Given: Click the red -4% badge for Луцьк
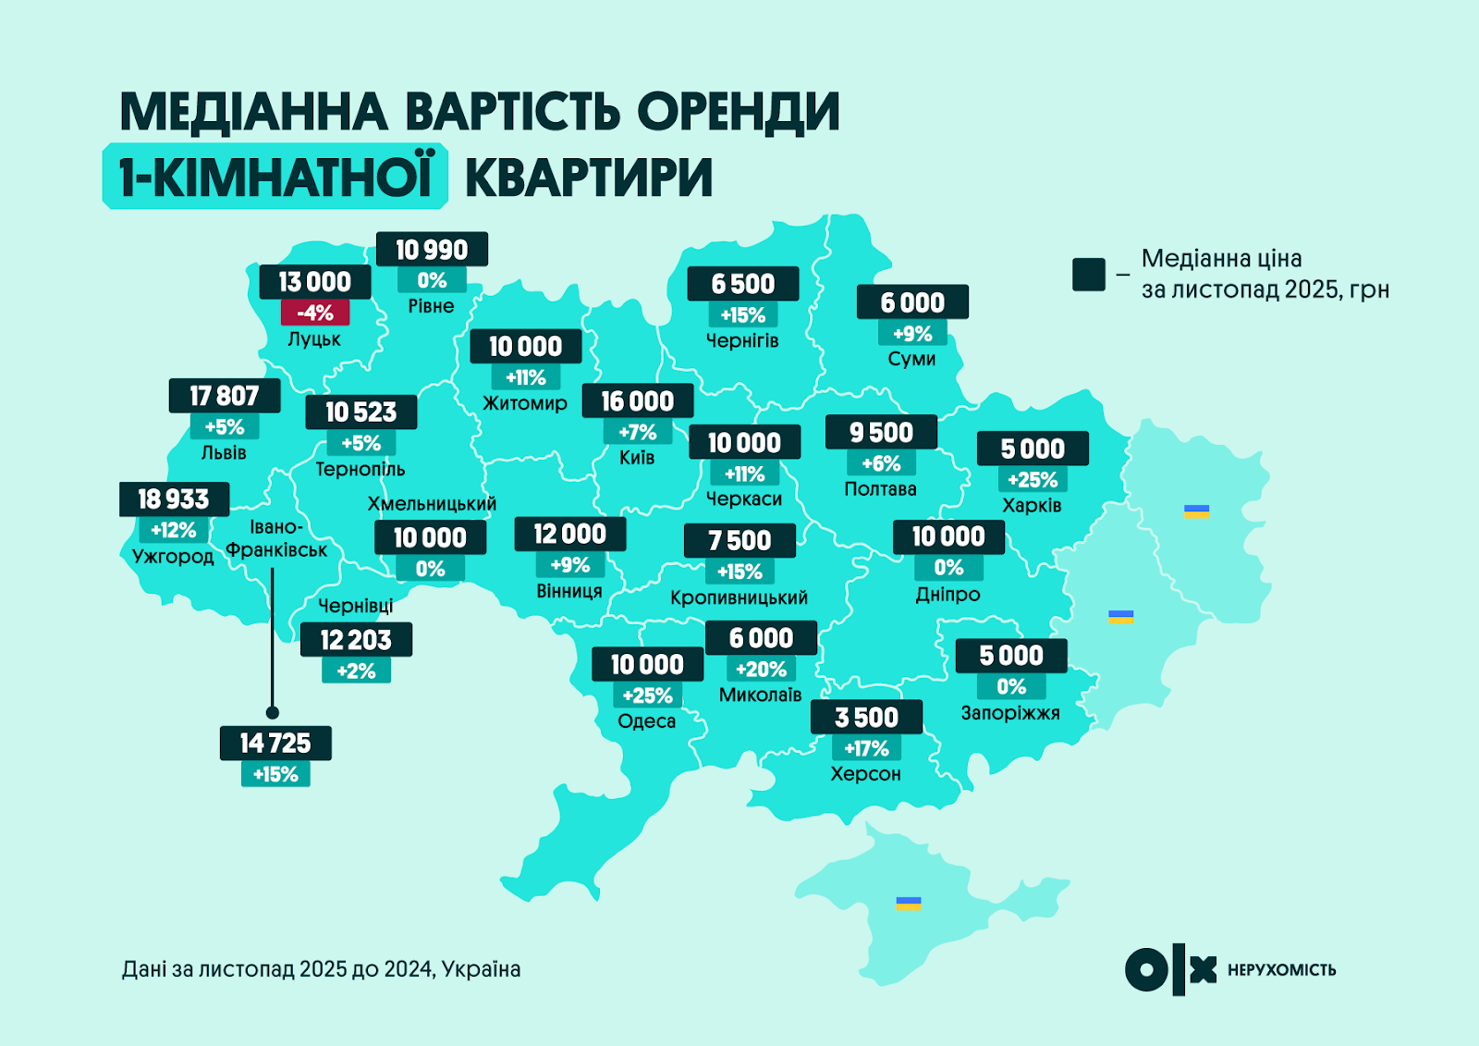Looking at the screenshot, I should pos(315,313).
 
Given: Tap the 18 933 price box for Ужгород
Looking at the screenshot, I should pos(174,499).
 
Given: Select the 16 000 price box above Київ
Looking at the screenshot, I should pos(637,400).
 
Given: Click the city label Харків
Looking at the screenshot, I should pos(1032,505).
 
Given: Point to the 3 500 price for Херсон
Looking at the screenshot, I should pos(866,717).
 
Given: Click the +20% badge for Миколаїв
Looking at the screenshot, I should pos(761,669).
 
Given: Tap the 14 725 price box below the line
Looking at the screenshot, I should pos(275,743).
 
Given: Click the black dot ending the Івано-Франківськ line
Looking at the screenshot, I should pos(272,712).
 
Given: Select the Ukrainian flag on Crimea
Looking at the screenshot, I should pos(909,903).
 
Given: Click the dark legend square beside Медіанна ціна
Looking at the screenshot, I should pos(1089,275).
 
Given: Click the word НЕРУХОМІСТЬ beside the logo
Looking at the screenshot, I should pos(1281,970).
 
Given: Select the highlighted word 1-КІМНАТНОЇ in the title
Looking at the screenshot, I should pos(275,177).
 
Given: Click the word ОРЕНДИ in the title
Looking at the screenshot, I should pos(738,112).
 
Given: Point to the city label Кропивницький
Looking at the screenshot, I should pos(739,597).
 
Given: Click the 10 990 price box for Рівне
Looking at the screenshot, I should pos(432,250).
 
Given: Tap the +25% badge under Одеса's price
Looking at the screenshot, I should pos(647,695).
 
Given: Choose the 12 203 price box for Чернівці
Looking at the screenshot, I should pos(356,639).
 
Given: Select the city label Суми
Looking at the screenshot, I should pos(911,359).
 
